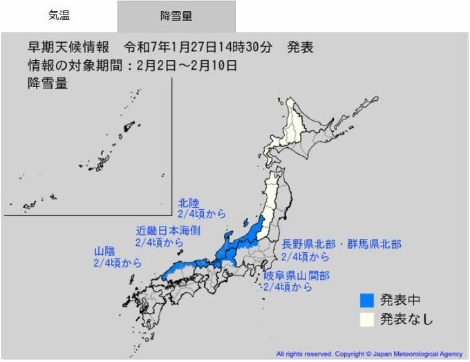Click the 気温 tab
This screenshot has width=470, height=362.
pyautogui.click(x=59, y=16)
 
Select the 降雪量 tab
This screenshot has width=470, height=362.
pyautogui.click(x=176, y=16)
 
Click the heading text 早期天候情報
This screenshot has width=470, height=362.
pyautogui.click(x=68, y=48)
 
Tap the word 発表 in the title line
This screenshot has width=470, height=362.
pyautogui.click(x=300, y=48)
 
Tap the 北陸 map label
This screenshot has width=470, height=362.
pyautogui.click(x=189, y=203)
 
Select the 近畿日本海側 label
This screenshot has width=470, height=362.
pyautogui.click(x=168, y=231)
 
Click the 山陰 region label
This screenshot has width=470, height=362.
pyautogui.click(x=105, y=251)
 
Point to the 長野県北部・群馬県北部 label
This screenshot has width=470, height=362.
pyautogui.click(x=341, y=245)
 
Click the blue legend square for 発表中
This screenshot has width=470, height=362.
pyautogui.click(x=366, y=300)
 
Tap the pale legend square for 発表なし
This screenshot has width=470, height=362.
pyautogui.click(x=366, y=319)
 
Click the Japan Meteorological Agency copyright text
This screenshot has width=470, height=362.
pyautogui.click(x=370, y=353)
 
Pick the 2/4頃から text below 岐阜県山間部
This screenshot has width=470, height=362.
pyautogui.click(x=288, y=287)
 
